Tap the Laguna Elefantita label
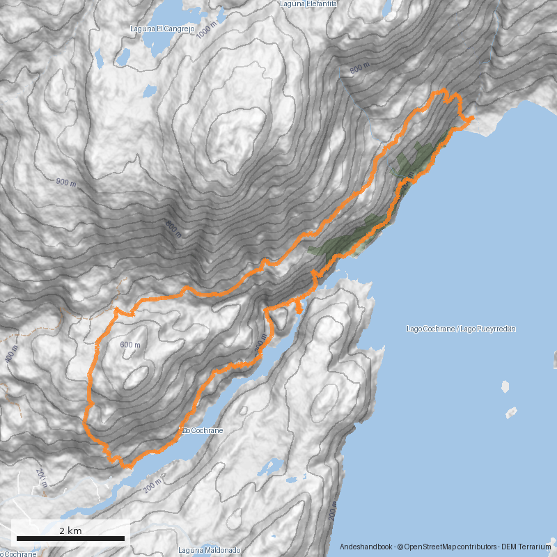pos(308,4)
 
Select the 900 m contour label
pos(65,182)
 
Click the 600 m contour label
pos(130,345)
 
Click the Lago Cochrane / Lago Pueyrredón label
pos(460,329)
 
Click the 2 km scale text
pos(70,531)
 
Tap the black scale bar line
pos(70,538)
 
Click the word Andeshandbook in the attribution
pos(366,547)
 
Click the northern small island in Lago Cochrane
pos(505,386)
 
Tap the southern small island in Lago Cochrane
pos(511,412)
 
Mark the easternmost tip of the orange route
pos(474,118)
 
